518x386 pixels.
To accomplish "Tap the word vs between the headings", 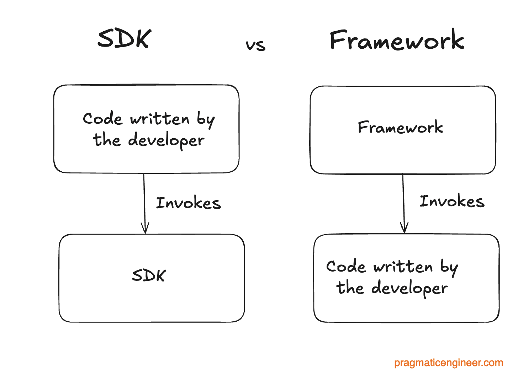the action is [x=255, y=45].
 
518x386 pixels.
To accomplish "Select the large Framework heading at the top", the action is [x=397, y=40].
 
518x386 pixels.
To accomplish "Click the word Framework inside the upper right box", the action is [x=400, y=127].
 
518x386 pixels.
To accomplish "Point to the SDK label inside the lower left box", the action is [x=149, y=275].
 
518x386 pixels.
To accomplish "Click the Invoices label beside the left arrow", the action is [x=189, y=203].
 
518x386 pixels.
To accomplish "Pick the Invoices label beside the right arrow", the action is [x=452, y=201].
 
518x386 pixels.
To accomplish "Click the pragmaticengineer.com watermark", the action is [x=448, y=363].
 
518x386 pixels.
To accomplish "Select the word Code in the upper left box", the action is [x=103, y=119].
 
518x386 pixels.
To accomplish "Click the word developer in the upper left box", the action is [x=166, y=141].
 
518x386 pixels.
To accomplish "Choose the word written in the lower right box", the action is [x=403, y=267].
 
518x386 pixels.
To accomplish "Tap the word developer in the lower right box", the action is [x=409, y=288].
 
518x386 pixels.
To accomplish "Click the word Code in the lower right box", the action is [x=346, y=267].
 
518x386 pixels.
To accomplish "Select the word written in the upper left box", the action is [x=160, y=119].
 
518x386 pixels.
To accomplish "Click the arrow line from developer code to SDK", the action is [x=144, y=199].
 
